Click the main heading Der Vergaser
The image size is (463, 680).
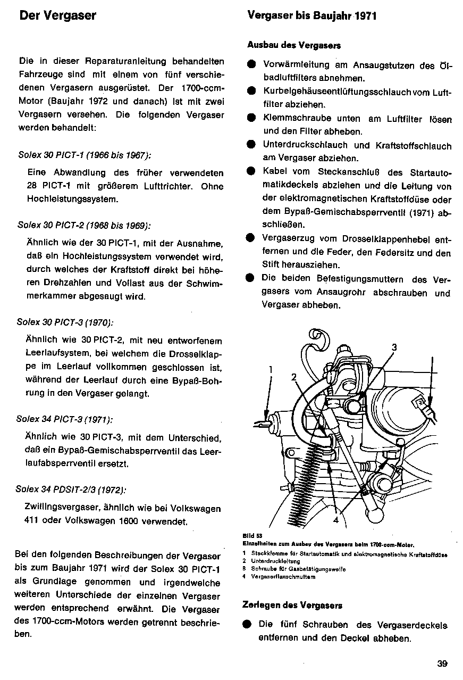pyautogui.click(x=57, y=15)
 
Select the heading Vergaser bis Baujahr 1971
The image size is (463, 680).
pyautogui.click(x=312, y=15)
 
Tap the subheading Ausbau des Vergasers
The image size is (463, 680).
pyautogui.click(x=294, y=46)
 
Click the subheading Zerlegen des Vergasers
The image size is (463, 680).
pyautogui.click(x=292, y=605)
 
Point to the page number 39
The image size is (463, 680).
pyautogui.click(x=442, y=664)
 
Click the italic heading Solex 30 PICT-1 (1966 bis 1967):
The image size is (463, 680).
pyautogui.click(x=84, y=155)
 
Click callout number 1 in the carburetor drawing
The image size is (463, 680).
pyautogui.click(x=271, y=368)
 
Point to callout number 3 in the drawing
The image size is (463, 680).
pyautogui.click(x=394, y=347)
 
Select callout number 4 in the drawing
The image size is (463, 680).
pyautogui.click(x=335, y=520)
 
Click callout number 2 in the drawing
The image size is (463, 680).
pyautogui.click(x=293, y=377)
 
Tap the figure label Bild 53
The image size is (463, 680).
pyautogui.click(x=249, y=536)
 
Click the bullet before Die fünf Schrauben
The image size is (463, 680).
pyautogui.click(x=247, y=625)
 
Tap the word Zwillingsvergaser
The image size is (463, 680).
pyautogui.click(x=58, y=508)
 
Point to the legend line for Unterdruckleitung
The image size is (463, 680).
pyautogui.click(x=271, y=561)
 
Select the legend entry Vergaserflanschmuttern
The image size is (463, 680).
pyautogui.click(x=276, y=577)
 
